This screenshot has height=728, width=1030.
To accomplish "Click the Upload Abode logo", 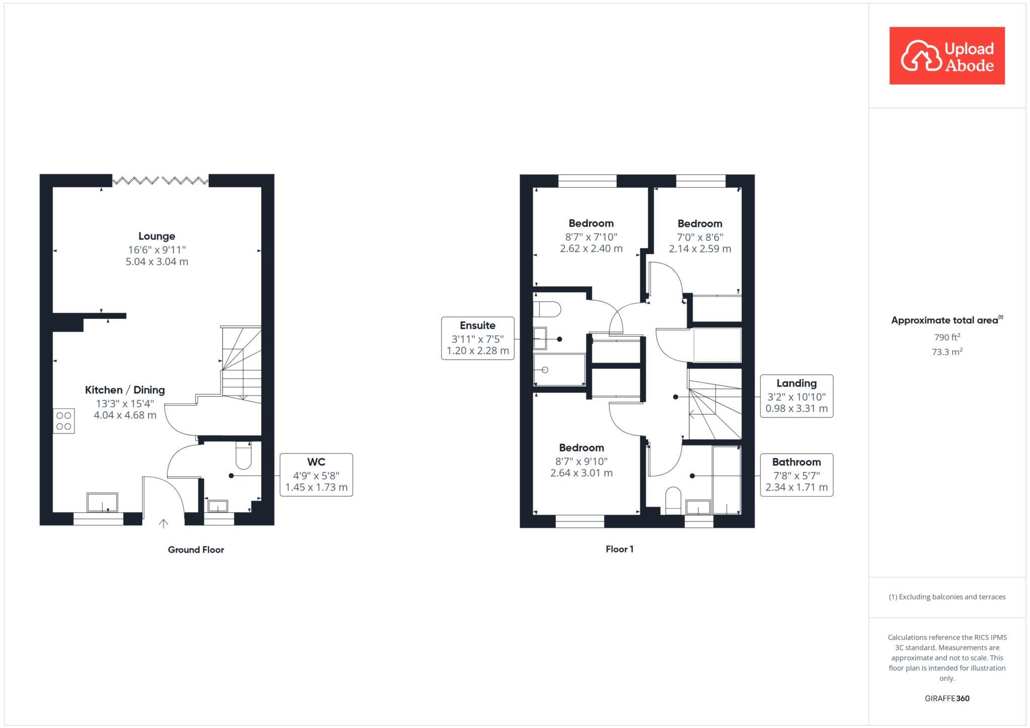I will coord(947,56).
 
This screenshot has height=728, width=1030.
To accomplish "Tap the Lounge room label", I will coord(157,236).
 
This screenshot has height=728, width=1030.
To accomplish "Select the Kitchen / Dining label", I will coord(125,390).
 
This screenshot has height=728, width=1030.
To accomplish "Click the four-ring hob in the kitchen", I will coord(64,421).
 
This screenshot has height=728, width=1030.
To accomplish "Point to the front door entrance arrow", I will coord(163,523).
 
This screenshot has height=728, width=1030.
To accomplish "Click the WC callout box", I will coord(316,475).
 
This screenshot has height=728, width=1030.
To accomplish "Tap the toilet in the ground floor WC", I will coord(243,455).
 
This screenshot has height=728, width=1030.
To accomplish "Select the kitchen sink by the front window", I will coord(102,502).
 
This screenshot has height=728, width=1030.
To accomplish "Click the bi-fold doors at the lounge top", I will coord(160,180).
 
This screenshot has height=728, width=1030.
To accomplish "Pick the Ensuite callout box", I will coord(477,338).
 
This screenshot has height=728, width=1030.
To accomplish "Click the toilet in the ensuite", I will coord(547,309).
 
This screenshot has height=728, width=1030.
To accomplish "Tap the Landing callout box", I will coord(796,396).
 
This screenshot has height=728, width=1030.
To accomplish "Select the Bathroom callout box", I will coord(796,475).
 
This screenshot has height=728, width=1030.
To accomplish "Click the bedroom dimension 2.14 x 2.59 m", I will coord(700,249).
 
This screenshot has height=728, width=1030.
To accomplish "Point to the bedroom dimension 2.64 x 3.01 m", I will coord(581,473).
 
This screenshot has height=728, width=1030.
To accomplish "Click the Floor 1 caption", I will coord(619,549).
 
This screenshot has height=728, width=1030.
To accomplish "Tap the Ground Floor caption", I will coord(196,550).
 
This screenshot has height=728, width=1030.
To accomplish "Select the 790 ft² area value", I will coord(947,337).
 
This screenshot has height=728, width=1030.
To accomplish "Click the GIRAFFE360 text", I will coord(947,698).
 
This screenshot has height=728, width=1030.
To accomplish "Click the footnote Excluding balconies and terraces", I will coord(947,597).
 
